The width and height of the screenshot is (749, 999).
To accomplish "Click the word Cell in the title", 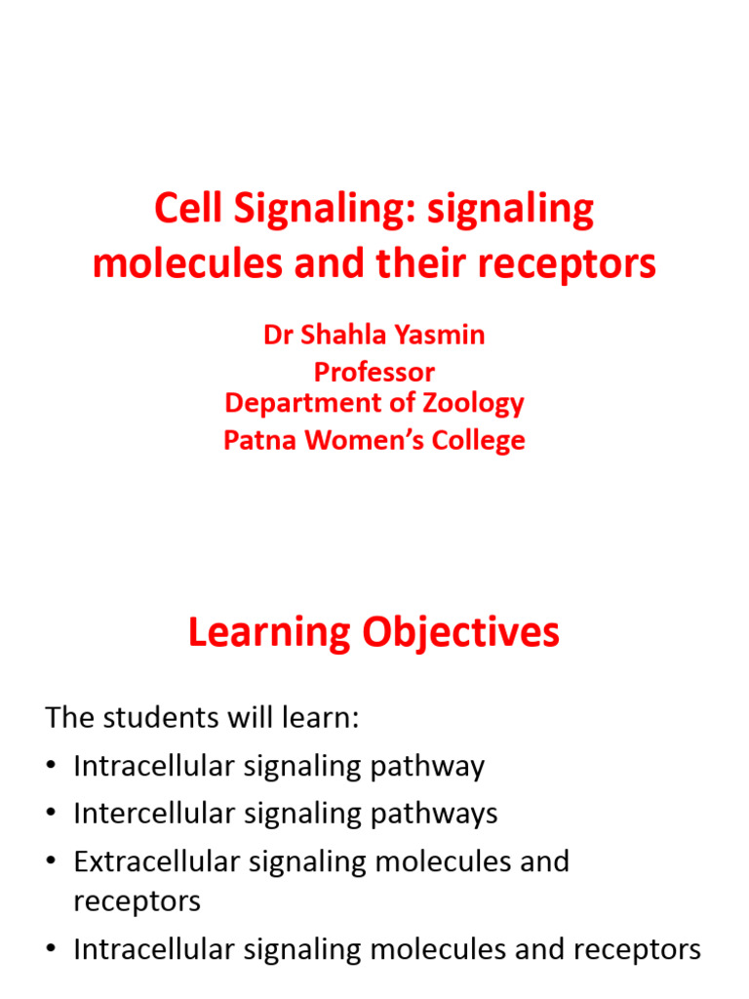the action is (188, 209).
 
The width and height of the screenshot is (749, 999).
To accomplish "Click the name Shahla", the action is (343, 335).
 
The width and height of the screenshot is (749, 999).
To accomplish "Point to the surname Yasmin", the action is (440, 335).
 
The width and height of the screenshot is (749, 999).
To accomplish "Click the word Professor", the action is (374, 372).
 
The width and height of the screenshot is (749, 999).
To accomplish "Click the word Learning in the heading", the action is (269, 633).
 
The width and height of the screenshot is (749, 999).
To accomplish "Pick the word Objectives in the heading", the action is (461, 633).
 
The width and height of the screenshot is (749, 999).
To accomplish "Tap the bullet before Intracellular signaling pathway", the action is (52, 765).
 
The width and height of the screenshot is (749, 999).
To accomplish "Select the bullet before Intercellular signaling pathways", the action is (52, 813).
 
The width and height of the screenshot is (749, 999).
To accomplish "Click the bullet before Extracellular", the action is (52, 860).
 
